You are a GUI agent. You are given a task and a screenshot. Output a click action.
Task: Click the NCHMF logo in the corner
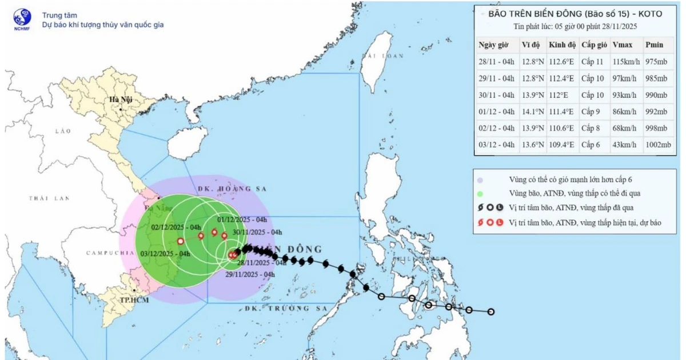[21, 19]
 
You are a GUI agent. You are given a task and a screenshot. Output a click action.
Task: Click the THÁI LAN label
[50, 198]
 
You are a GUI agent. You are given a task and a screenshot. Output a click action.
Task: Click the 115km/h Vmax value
[625, 62]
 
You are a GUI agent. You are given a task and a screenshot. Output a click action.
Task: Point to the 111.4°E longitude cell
[561, 112]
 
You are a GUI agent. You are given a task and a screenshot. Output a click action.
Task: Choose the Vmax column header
[621, 45]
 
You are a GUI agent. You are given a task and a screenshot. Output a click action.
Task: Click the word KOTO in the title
[649, 14]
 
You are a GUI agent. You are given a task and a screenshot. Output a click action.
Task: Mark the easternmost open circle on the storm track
[490, 311]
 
